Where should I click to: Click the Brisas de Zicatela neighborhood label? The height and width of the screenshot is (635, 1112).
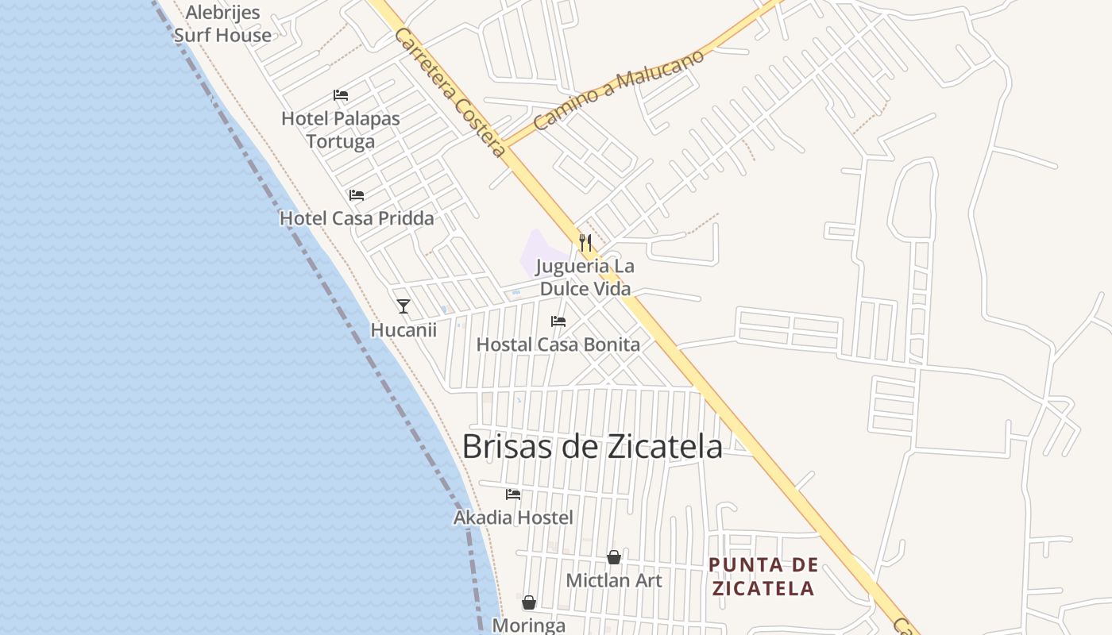tap(592, 447)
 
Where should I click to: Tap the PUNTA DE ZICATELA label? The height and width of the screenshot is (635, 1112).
tap(763, 577)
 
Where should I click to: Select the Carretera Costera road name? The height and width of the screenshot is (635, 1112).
tap(450, 92)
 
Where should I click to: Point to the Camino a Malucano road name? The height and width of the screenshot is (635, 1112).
tap(619, 90)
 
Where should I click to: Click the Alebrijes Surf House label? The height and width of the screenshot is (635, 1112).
tap(222, 24)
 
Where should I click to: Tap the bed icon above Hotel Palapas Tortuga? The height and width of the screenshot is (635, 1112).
tap(341, 95)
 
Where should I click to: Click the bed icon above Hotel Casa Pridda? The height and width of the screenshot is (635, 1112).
tap(357, 194)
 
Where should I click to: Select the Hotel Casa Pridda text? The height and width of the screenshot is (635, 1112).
tap(357, 218)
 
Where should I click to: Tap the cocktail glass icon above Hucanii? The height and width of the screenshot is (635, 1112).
tap(403, 306)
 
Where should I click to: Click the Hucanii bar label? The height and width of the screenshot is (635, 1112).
tap(403, 329)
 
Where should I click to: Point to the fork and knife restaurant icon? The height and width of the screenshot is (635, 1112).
tap(585, 242)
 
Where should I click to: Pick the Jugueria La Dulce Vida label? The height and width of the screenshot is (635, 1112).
tap(586, 277)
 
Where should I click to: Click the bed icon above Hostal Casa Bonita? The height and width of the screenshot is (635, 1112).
tap(558, 321)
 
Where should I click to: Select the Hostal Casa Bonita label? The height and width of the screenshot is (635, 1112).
tap(558, 344)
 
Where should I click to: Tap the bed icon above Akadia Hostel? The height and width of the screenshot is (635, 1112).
tap(513, 494)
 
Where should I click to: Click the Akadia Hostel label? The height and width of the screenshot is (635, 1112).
tap(513, 518)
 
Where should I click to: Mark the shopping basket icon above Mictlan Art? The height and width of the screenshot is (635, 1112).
tap(614, 557)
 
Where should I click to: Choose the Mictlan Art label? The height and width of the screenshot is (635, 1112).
tap(614, 580)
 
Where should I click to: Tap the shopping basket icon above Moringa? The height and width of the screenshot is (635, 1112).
tap(529, 602)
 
